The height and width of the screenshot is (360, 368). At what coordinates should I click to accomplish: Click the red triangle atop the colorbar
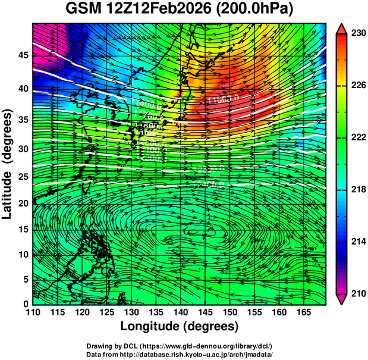pyautogui.click(x=341, y=28)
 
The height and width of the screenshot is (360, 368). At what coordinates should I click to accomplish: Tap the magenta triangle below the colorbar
pyautogui.click(x=341, y=299)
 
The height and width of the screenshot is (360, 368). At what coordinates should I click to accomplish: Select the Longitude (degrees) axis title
pyautogui.click(x=180, y=327)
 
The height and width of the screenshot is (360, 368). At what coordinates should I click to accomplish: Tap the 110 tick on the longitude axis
pyautogui.click(x=32, y=312)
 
